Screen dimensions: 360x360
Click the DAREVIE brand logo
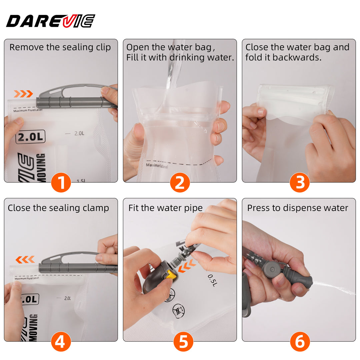50,21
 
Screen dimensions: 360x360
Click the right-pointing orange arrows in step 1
23,94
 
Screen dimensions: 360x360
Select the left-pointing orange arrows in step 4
25,259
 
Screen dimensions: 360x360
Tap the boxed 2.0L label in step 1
30,137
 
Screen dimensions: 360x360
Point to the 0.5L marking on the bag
212,280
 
